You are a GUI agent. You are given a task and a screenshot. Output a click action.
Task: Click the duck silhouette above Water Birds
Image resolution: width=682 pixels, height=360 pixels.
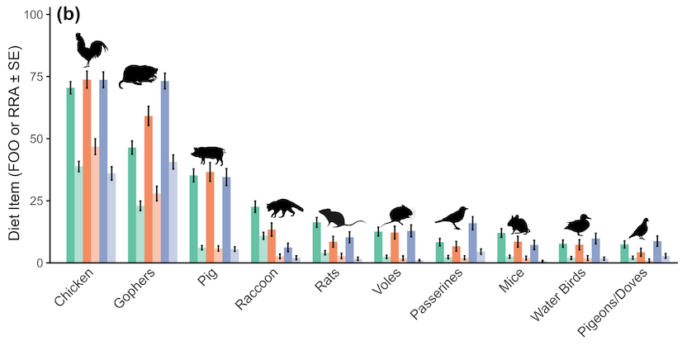[578, 225]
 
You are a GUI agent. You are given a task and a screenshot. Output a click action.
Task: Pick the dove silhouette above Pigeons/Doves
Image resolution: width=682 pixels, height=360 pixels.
[639, 229]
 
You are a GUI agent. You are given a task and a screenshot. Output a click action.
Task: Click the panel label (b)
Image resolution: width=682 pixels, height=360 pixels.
[68, 14]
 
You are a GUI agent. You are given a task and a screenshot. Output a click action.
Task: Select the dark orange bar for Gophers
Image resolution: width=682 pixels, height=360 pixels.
[149, 189]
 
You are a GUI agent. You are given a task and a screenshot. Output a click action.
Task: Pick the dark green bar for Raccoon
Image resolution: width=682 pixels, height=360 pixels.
[255, 234]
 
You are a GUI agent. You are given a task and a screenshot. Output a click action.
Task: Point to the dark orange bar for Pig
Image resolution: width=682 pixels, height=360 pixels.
[211, 217]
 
